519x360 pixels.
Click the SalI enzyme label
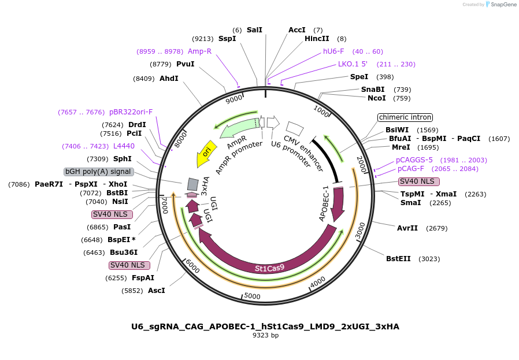click(254, 29)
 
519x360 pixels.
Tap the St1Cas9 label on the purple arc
click(269, 268)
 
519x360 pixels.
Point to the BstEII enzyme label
click(398, 258)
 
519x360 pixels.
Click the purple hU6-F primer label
click(333, 51)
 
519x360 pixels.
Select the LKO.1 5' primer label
click(353, 64)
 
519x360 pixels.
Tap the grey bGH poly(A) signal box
click(99, 172)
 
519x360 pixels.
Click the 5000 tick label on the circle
click(253, 296)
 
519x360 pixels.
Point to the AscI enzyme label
click(156, 290)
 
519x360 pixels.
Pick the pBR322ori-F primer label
click(131, 112)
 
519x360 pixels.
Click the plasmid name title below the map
click(265, 326)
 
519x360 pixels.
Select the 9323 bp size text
click(265, 335)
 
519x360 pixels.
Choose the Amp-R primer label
click(199, 51)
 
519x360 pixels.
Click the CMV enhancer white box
click(295, 129)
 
